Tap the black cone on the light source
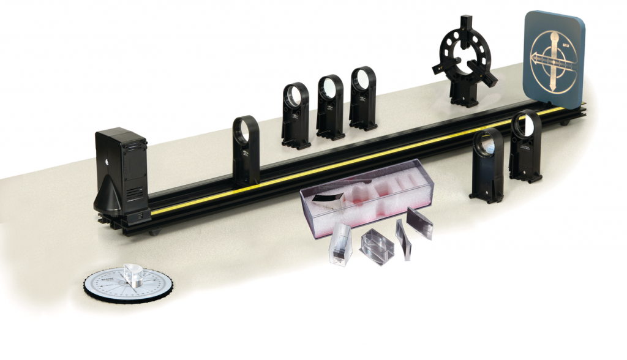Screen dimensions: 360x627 click(109, 196)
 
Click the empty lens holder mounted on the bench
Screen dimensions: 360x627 click(246, 150)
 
